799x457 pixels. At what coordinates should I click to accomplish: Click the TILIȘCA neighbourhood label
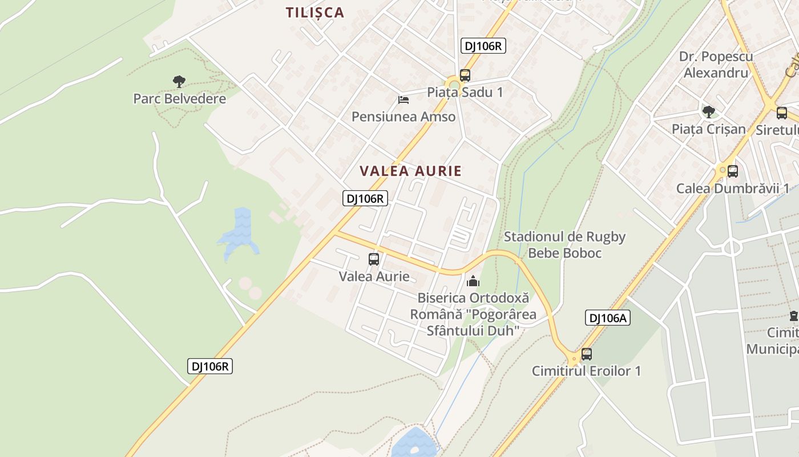[x=315, y=13]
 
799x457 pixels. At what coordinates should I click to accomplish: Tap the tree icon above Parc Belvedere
[x=179, y=81]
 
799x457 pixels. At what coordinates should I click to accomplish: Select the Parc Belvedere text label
[x=179, y=99]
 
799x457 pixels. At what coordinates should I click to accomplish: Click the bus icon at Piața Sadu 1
[x=465, y=75]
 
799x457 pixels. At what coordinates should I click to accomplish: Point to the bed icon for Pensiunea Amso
[x=403, y=100]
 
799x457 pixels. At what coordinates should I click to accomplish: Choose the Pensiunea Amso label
[x=403, y=117]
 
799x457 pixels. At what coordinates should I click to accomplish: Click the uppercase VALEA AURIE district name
[x=411, y=171]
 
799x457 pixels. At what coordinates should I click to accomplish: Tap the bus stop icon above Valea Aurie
[x=374, y=259]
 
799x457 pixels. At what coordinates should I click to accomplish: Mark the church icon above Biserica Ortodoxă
[x=473, y=281]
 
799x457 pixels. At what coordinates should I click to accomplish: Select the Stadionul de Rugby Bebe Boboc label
[x=564, y=244]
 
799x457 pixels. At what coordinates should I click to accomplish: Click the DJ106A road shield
[x=607, y=318]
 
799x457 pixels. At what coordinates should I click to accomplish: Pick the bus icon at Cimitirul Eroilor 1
[x=587, y=354]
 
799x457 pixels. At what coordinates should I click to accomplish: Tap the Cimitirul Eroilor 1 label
[x=586, y=371]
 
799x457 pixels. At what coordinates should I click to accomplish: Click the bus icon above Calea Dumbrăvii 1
[x=733, y=171]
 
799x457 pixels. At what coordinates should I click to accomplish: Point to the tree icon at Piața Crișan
[x=709, y=111]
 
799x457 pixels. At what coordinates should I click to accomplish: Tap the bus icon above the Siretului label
[x=782, y=113]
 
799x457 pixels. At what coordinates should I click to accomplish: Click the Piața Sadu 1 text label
[x=465, y=92]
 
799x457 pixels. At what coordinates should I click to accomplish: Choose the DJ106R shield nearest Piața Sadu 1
[x=483, y=46]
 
